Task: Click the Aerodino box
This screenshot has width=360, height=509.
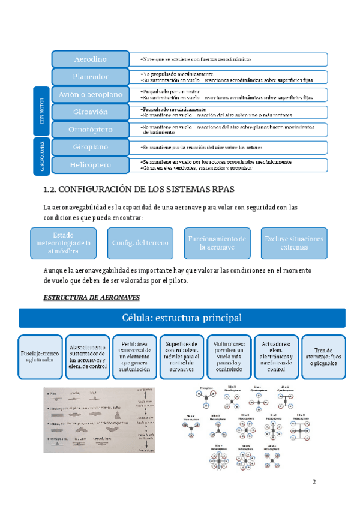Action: [91, 59]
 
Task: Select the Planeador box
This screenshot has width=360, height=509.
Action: [91, 77]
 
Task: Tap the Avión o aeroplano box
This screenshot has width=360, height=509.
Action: [91, 94]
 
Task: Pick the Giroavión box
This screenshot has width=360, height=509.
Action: [91, 112]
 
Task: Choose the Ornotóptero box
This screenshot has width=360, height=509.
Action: [91, 129]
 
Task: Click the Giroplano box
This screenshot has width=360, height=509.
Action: [91, 146]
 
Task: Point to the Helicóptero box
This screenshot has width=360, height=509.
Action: [91, 164]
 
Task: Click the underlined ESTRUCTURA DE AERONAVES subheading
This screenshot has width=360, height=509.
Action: [92, 297]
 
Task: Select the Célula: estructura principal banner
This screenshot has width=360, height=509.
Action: [182, 318]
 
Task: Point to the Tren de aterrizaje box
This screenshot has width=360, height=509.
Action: [323, 357]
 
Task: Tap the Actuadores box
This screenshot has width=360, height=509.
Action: [276, 357]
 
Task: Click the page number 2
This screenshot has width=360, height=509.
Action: [314, 483]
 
